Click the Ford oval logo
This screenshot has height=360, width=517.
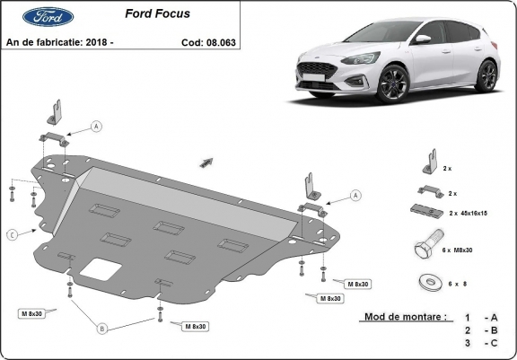[48, 16]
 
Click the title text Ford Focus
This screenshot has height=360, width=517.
[158, 13]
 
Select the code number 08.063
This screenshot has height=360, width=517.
[221, 42]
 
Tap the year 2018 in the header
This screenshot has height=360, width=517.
[96, 42]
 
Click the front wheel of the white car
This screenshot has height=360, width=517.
[392, 83]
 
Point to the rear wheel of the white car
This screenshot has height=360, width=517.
[487, 75]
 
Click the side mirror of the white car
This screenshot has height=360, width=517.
[422, 39]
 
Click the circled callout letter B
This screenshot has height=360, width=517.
[102, 329]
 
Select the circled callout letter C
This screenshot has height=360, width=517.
[13, 235]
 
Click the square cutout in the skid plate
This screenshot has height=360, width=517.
[101, 269]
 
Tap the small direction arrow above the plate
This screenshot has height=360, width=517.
[206, 162]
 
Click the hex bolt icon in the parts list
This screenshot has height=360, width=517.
[429, 244]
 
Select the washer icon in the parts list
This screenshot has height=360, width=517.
[429, 283]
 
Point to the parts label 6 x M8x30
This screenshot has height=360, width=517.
[458, 250]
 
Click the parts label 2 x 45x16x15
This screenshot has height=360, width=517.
[468, 214]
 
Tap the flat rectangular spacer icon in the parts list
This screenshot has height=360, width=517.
[427, 211]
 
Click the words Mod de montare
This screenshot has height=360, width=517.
[406, 317]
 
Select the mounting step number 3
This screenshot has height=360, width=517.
[468, 343]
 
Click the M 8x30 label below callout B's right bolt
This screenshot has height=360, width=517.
[196, 327]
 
